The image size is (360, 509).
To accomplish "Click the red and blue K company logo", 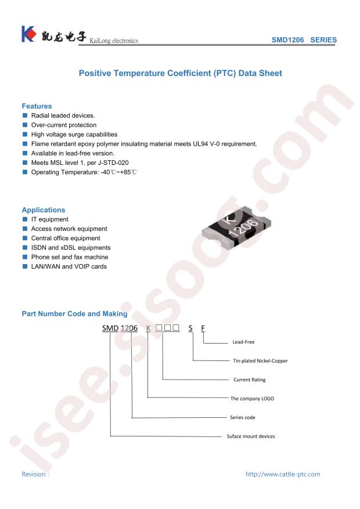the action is coord(28,34).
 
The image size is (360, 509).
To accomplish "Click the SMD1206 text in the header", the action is coord(287,40).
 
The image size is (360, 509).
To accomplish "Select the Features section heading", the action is coord(37,106).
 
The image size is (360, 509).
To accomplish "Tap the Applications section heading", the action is coord(44,210).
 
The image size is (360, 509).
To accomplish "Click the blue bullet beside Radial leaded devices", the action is coord(25,115).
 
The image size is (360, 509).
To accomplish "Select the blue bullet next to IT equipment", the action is coord(25,219).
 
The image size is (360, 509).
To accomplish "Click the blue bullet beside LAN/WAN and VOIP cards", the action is coord(25,266).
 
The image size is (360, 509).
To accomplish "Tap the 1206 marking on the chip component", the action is coord(243,228).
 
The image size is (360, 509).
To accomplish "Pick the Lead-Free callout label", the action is coord(243,342).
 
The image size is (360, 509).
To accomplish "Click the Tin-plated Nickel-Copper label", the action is coord(260,360).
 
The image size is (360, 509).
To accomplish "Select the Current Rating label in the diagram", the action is coord(249,380).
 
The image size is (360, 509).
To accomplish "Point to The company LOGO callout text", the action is coord(252,398).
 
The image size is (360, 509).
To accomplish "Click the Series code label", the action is coord(243,417).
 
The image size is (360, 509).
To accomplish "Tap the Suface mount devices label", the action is coord(251,436).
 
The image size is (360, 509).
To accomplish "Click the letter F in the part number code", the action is coord(203,328).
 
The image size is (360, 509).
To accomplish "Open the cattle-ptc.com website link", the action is coord(283,474).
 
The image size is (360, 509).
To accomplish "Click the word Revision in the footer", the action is coord(34,474).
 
